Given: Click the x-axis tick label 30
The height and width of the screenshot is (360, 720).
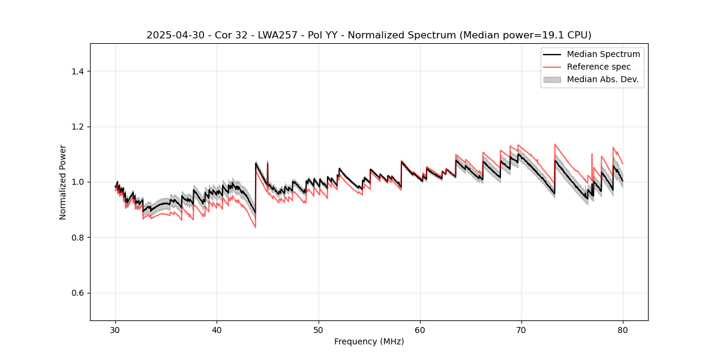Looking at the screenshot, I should (x=115, y=330).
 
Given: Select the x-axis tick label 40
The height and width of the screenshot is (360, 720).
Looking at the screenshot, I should (x=217, y=330).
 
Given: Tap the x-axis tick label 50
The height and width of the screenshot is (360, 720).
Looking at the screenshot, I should (x=319, y=330).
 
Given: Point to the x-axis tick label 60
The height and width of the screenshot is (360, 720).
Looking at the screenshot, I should (x=420, y=330).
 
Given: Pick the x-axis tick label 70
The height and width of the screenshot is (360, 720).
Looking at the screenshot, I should (x=521, y=330).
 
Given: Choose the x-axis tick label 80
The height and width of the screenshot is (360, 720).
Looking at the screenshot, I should (x=623, y=330).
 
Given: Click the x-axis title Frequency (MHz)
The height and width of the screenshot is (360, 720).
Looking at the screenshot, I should (x=369, y=341).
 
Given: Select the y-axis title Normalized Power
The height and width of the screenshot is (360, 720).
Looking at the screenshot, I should (x=63, y=182).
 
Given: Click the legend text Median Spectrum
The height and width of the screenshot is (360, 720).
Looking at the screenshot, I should (x=603, y=54).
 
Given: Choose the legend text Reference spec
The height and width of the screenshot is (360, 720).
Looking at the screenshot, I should (x=599, y=67).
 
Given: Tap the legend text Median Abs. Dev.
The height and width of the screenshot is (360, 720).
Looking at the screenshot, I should (x=602, y=79).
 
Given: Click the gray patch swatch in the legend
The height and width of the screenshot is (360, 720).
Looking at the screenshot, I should (x=552, y=79).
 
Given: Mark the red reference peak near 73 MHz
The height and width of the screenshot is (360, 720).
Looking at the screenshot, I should (x=555, y=144).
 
